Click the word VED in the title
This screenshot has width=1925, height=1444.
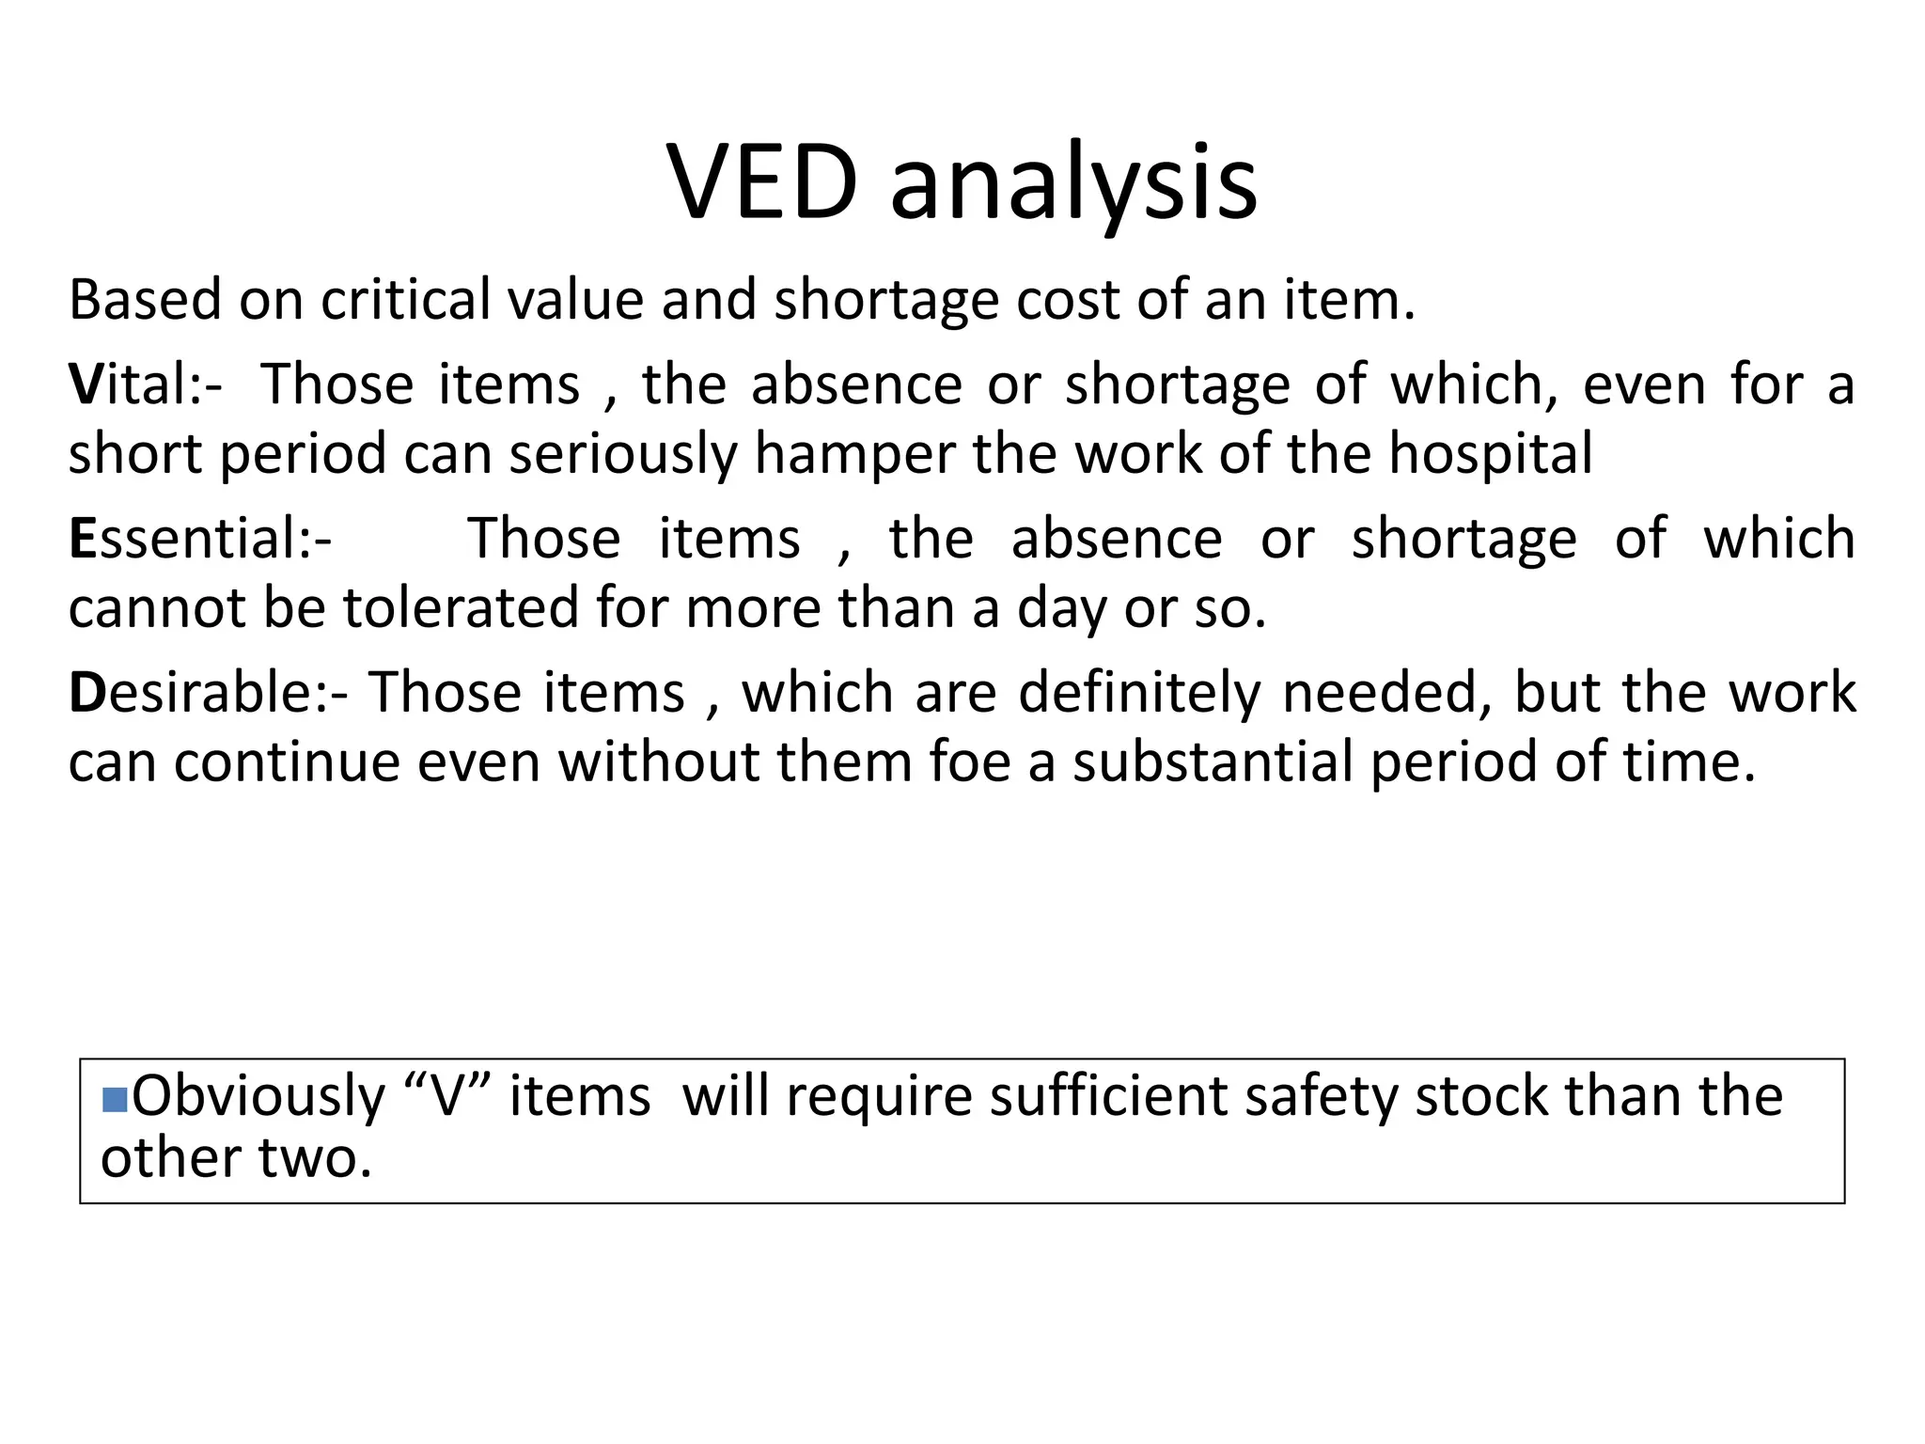click(x=762, y=183)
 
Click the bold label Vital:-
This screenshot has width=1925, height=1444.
click(x=146, y=385)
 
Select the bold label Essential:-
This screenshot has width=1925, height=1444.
click(x=200, y=539)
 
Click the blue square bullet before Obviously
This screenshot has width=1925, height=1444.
click(x=115, y=1099)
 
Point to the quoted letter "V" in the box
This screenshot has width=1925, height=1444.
click(x=446, y=1096)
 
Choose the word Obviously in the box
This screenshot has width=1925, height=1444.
click(x=258, y=1097)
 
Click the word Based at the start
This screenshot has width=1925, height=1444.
click(x=145, y=300)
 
